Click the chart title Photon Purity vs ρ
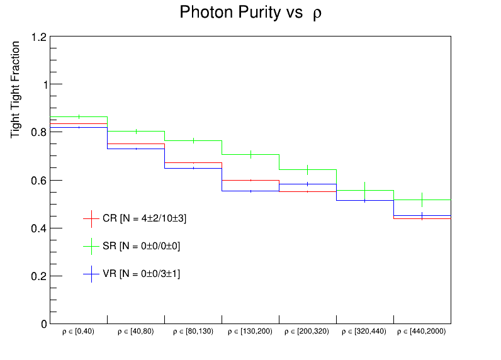(250, 13)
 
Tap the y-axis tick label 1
(43, 85)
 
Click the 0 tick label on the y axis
(43, 324)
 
